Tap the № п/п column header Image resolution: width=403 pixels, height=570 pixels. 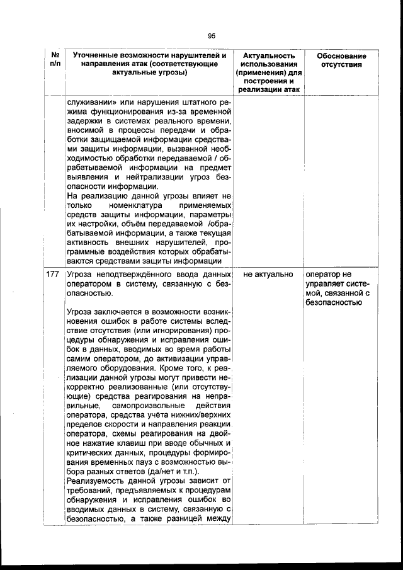(54, 60)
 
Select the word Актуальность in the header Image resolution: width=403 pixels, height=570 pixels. (269, 56)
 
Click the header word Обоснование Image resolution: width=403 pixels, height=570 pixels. (341, 56)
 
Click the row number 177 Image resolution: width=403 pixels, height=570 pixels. (54, 275)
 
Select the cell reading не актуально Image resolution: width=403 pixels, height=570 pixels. (268, 275)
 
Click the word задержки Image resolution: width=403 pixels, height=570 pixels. (85, 121)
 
